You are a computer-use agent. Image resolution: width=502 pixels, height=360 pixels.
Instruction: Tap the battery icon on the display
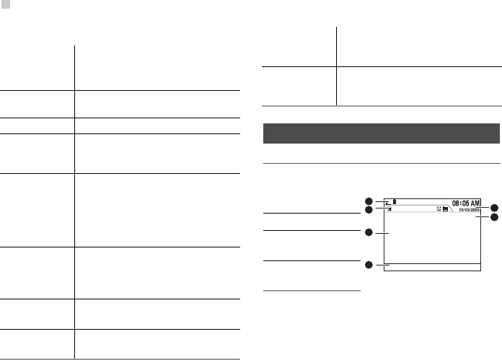point(395,203)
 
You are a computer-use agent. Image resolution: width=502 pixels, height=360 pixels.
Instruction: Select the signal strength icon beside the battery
point(389,203)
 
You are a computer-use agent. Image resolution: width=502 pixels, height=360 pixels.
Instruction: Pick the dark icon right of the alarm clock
point(446,210)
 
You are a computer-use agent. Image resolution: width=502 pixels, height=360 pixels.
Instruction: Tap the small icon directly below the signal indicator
point(389,210)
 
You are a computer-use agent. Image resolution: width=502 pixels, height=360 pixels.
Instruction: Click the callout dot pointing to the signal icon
point(368,201)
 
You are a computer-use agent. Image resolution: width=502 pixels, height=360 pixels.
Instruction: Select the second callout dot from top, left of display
point(368,210)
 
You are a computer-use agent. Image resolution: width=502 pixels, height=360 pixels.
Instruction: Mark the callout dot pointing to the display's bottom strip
point(368,265)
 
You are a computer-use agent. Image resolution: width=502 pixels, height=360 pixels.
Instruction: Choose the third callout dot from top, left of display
point(368,232)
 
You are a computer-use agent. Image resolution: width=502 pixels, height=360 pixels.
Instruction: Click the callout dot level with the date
point(495,208)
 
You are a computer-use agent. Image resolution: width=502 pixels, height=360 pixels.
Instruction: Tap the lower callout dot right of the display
point(495,217)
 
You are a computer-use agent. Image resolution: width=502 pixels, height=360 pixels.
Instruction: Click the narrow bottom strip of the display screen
point(432,266)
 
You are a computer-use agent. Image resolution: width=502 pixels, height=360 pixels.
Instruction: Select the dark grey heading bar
point(380,133)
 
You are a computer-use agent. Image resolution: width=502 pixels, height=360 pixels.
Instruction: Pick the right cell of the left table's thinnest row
point(157,125)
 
